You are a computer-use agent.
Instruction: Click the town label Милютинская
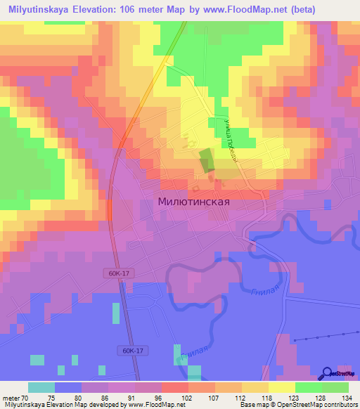(195, 201)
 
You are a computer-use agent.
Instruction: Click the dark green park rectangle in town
(205, 160)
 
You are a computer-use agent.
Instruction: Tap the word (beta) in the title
(300, 10)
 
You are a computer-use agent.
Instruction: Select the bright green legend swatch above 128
(309, 387)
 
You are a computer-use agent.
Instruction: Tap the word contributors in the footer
(340, 405)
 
